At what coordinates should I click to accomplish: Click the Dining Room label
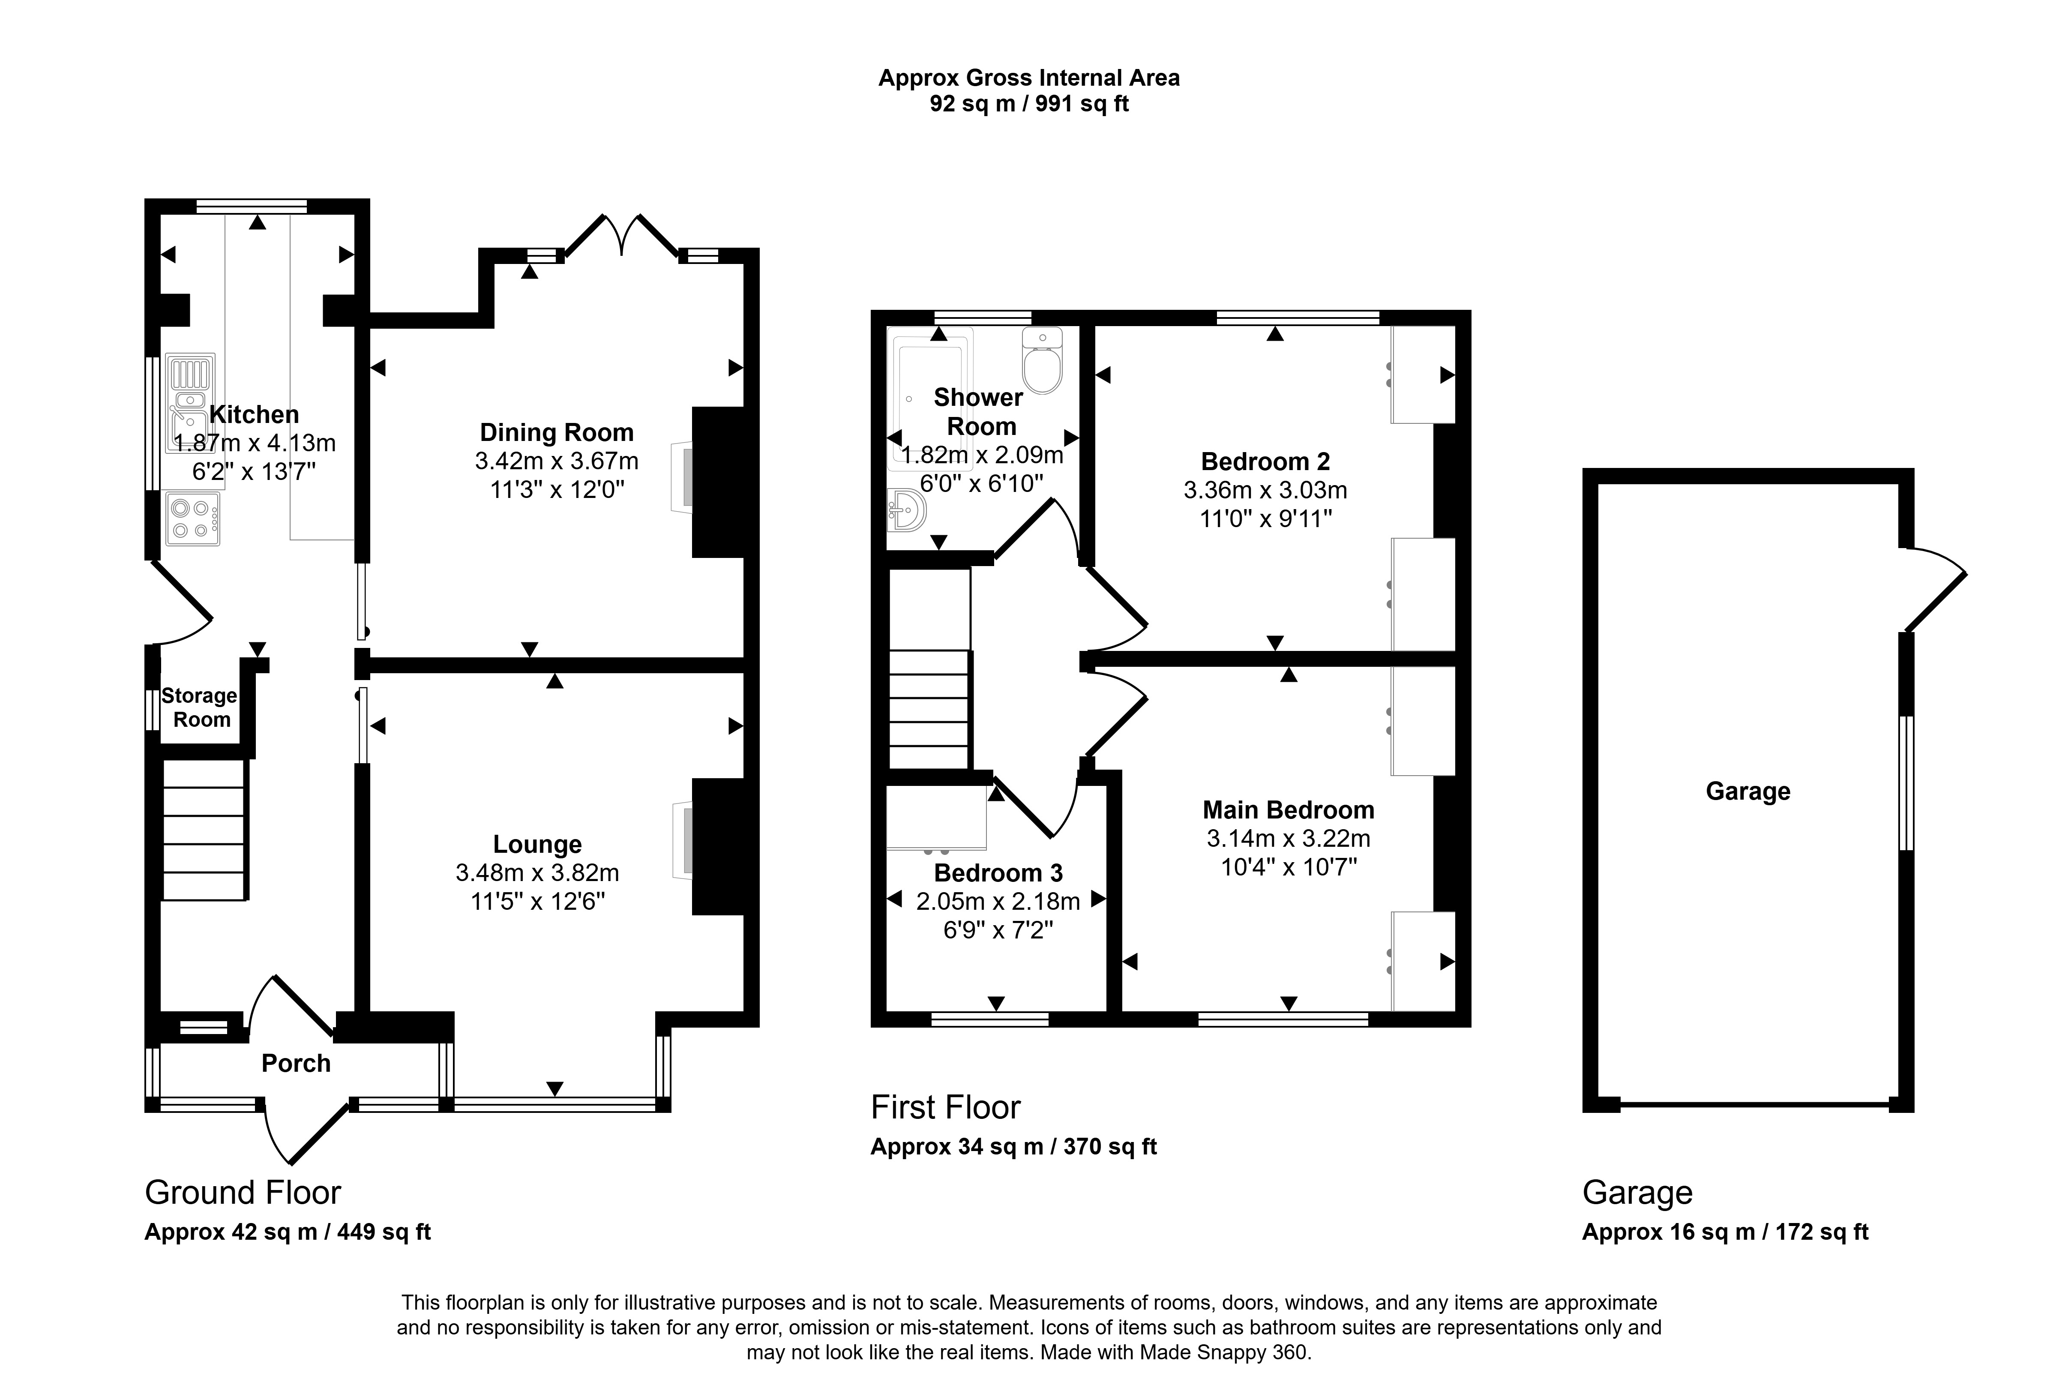click(x=556, y=432)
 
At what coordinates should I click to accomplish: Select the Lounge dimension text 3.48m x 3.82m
click(x=537, y=873)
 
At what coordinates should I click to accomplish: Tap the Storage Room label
click(x=200, y=708)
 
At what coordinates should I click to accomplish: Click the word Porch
click(x=296, y=1063)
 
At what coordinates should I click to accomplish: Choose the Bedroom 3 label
click(x=998, y=873)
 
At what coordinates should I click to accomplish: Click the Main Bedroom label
click(x=1288, y=809)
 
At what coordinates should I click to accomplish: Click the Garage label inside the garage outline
click(x=1748, y=791)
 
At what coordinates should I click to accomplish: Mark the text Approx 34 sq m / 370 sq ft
click(x=1013, y=1146)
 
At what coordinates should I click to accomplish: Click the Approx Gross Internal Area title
click(x=1028, y=78)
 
